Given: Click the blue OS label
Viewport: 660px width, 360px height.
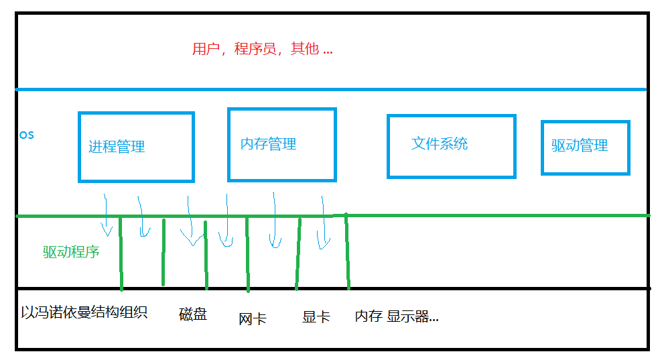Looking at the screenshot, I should tap(26, 135).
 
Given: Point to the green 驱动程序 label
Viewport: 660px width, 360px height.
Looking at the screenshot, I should tap(71, 253).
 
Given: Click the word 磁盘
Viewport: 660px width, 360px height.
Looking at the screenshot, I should tap(193, 314).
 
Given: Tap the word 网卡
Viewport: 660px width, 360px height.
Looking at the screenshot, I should tap(253, 319).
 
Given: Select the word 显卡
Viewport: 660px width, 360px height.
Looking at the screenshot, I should tap(316, 317).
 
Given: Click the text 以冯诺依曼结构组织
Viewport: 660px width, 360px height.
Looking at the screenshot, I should tap(84, 312).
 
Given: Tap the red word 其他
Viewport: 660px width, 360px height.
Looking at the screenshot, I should tap(304, 50).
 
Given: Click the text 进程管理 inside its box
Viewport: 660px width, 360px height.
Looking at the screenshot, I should tap(117, 147).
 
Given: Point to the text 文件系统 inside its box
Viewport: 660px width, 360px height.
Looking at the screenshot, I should tap(440, 143).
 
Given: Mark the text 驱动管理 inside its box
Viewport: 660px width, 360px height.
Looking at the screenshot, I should tap(580, 145).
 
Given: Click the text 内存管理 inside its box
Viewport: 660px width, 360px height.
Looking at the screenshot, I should tap(268, 144).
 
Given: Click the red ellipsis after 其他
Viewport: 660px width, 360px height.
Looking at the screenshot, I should tap(327, 51).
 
